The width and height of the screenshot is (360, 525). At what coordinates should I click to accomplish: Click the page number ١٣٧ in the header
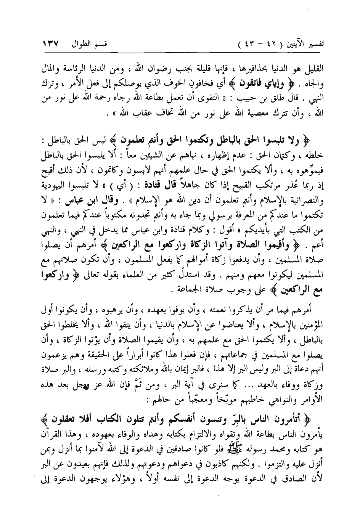51,40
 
